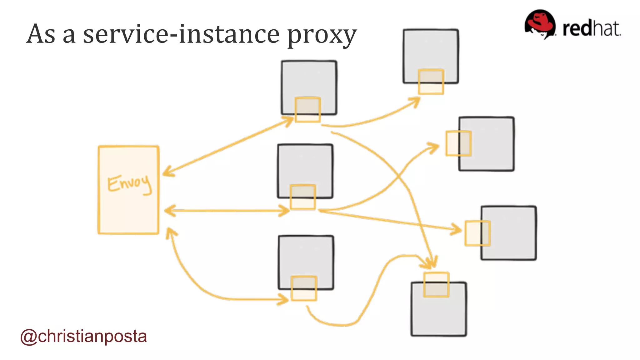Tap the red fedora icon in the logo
[x=540, y=24]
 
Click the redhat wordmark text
[x=591, y=29]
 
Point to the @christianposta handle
[x=83, y=336]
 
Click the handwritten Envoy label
[x=129, y=184]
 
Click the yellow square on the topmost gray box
[x=431, y=82]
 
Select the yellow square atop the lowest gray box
[x=436, y=285]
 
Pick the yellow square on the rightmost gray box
[x=477, y=233]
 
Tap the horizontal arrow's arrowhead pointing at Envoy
[x=169, y=211]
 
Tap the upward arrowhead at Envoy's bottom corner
[x=170, y=233]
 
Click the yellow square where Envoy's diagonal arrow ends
[x=308, y=109]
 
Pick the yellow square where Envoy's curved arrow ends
[x=304, y=288]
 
